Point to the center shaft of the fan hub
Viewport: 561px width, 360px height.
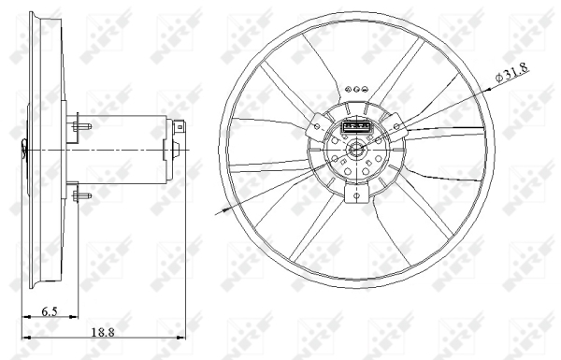tap(356, 151)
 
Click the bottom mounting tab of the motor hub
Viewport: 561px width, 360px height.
tap(356, 194)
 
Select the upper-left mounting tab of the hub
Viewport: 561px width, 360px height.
tap(314, 124)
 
